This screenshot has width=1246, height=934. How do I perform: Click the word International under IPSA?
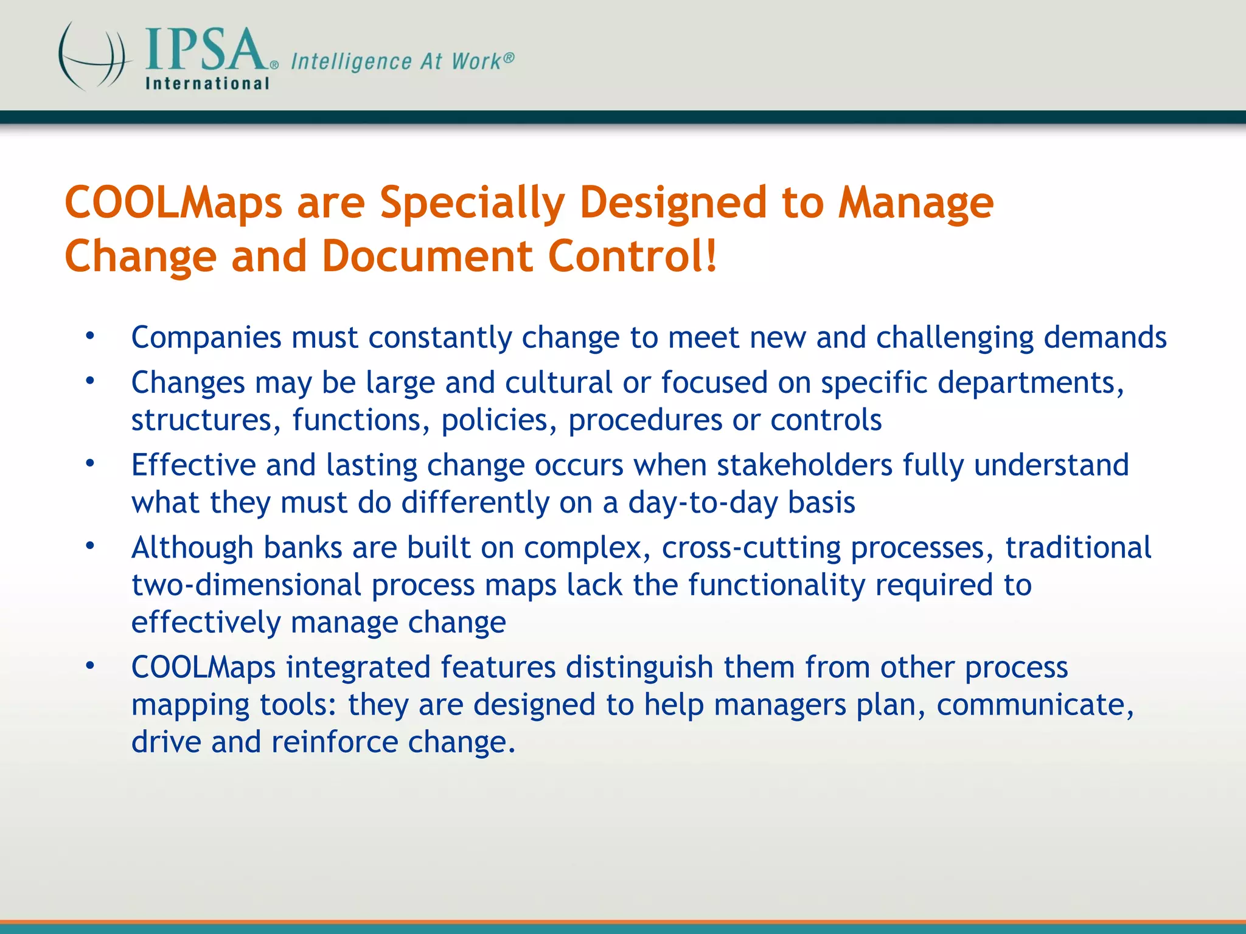(x=207, y=83)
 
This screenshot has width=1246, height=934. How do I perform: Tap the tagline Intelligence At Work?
(x=402, y=61)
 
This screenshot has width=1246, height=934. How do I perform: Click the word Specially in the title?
(x=472, y=203)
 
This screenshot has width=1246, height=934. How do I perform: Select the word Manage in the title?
(x=916, y=203)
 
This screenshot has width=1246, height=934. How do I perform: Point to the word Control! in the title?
(x=633, y=256)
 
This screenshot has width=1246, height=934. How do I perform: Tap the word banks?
(x=302, y=548)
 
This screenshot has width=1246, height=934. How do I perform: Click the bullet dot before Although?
(x=90, y=546)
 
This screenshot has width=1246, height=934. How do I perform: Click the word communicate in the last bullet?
(x=1034, y=705)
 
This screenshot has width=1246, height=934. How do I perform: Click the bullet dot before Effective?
(x=90, y=464)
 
